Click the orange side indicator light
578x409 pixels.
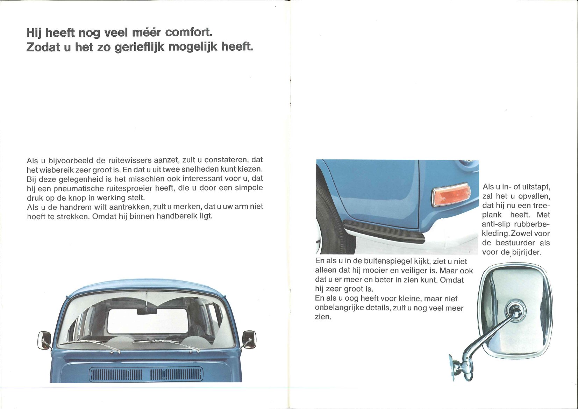(451, 194)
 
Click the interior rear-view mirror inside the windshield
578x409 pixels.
(147, 311)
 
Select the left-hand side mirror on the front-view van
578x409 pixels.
(44, 340)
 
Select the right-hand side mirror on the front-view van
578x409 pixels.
(249, 339)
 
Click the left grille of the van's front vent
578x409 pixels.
(117, 374)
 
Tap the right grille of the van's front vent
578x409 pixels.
(176, 374)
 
